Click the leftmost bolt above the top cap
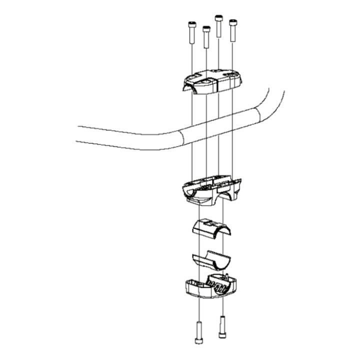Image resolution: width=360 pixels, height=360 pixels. pyautogui.click(x=191, y=34)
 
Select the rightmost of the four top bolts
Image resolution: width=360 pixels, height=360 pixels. pyautogui.click(x=232, y=31)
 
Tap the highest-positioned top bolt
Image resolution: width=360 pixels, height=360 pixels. pyautogui.click(x=218, y=26)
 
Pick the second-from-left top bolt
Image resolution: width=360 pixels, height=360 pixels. pyautogui.click(x=205, y=37)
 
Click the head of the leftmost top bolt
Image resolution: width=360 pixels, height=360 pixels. pyautogui.click(x=191, y=24)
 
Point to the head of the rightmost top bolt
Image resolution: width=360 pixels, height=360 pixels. pyautogui.click(x=232, y=22)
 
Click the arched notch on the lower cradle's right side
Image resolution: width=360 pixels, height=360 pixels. pyautogui.click(x=235, y=196)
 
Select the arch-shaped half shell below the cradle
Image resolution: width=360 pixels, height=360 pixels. pyautogui.click(x=211, y=227)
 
